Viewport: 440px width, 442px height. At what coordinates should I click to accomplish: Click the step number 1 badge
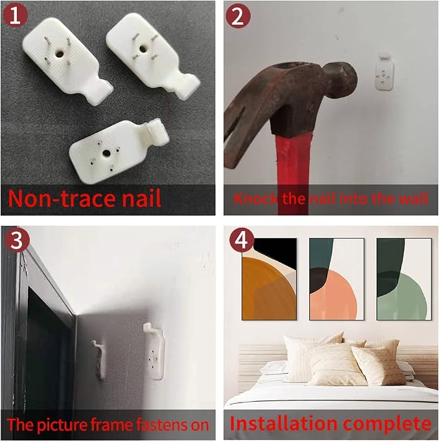point(15,15)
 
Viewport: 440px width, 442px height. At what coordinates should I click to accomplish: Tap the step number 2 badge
point(238,16)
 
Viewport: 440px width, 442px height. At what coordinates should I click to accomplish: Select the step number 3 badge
point(17,240)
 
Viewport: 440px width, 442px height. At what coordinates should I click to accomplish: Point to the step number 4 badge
point(242,240)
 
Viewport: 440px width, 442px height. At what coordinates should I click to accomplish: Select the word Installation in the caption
point(283,423)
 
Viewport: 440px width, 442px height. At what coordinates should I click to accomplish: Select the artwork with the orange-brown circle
point(269,279)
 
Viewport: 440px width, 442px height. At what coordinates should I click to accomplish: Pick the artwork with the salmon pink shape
point(337,279)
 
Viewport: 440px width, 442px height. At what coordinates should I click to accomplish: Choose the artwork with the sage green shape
point(404,279)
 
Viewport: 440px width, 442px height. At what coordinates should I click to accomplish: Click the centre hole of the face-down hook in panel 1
point(106,153)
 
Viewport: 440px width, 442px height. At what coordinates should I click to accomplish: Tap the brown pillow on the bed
point(378,365)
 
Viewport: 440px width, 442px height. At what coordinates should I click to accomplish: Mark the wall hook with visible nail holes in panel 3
point(154,351)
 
